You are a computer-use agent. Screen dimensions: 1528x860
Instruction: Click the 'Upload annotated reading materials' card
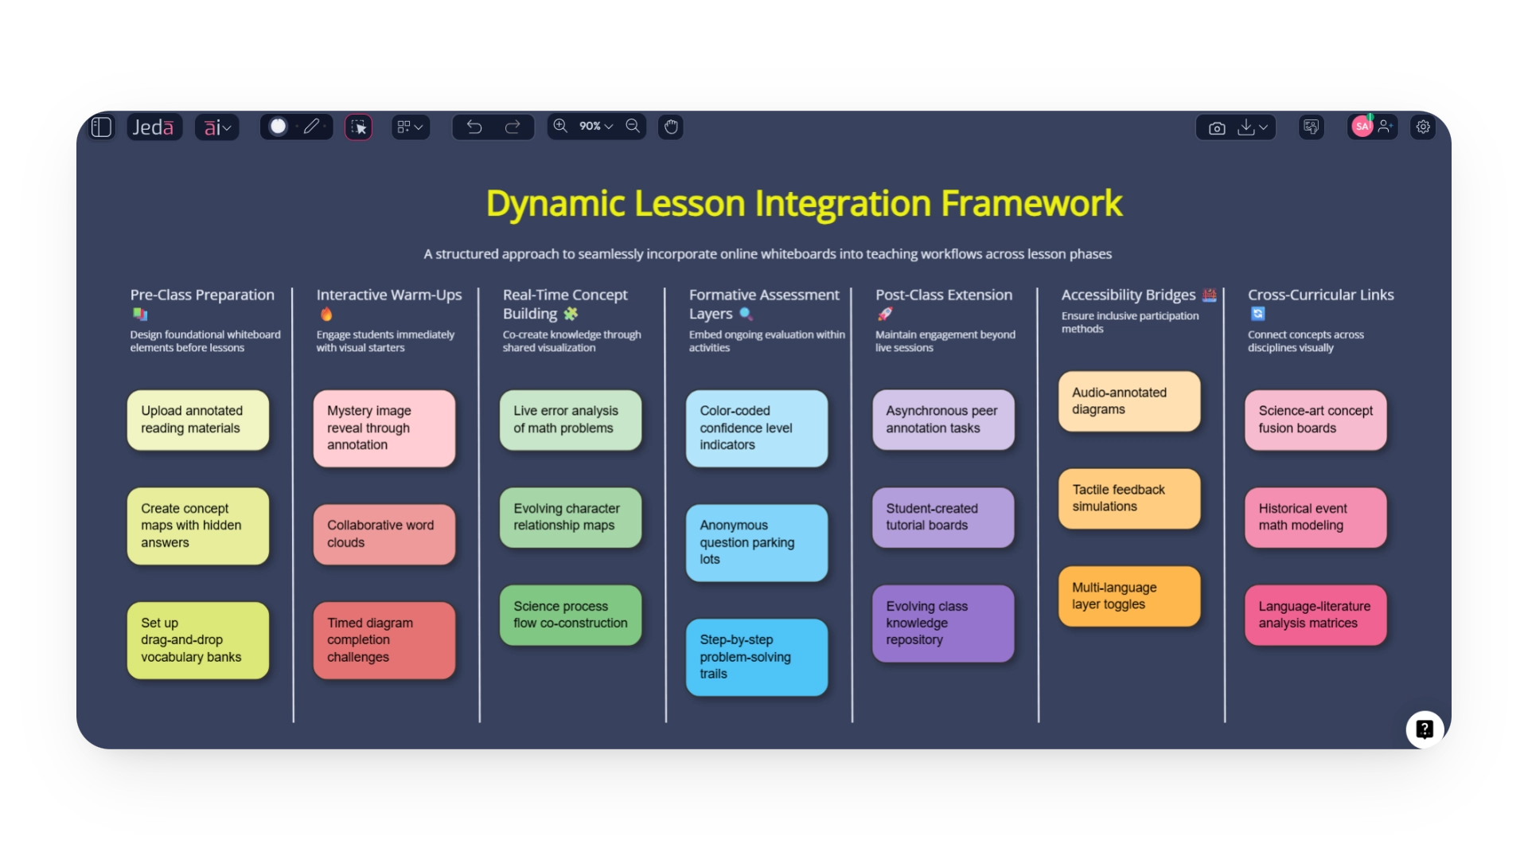click(198, 420)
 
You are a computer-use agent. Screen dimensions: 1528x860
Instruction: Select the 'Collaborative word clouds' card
click(384, 534)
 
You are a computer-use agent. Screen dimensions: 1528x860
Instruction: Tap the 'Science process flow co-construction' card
click(571, 615)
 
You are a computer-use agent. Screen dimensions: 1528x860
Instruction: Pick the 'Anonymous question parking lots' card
click(757, 542)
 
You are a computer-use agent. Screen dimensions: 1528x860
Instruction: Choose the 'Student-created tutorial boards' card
click(943, 518)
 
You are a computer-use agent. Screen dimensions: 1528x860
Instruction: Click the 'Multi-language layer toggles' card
click(1129, 596)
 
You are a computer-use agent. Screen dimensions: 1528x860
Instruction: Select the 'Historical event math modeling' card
click(1316, 518)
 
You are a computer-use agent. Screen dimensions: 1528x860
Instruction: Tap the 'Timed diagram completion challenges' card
click(384, 640)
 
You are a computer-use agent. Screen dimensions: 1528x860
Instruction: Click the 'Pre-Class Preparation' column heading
click(202, 295)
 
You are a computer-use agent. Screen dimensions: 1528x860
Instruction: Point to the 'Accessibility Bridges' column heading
click(1128, 295)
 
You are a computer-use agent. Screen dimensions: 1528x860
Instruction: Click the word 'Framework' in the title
click(1031, 204)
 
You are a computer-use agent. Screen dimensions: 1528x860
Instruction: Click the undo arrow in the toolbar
click(474, 127)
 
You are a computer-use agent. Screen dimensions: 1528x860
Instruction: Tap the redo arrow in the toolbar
click(513, 127)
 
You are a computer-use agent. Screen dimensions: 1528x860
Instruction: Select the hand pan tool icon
click(671, 127)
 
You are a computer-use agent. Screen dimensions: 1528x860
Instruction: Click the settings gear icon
click(1423, 127)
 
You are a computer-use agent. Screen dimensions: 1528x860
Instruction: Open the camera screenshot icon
click(1217, 127)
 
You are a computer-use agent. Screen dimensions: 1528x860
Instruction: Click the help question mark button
click(1425, 729)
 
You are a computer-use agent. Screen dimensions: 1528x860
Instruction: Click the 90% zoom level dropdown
click(596, 127)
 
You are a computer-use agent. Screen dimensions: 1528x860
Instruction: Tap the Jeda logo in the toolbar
click(154, 127)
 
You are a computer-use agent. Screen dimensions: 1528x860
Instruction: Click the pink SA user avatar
click(1362, 127)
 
